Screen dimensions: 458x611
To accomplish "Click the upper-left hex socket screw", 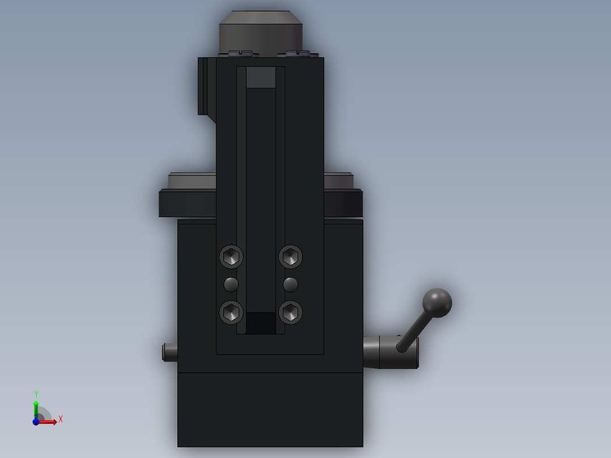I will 231,257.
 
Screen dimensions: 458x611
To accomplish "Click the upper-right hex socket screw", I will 291,257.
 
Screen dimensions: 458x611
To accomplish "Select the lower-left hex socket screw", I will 231,312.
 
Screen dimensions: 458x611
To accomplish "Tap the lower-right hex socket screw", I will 291,312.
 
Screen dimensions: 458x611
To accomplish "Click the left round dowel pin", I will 231,284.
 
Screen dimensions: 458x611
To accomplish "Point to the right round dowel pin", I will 291,284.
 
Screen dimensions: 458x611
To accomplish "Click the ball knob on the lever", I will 437,303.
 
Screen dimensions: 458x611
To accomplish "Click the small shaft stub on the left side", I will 169,352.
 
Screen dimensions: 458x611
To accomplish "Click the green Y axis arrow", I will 36,407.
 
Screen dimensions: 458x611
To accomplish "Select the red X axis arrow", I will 49,422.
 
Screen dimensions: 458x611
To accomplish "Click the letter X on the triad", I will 61,419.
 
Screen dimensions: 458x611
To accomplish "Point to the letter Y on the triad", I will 36,395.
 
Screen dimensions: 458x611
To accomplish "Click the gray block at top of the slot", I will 261,77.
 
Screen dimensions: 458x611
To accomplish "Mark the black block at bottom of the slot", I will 261,323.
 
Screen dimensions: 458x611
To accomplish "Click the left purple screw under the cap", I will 240,54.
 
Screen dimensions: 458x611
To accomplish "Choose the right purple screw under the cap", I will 298,54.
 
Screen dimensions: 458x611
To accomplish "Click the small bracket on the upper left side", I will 203,86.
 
